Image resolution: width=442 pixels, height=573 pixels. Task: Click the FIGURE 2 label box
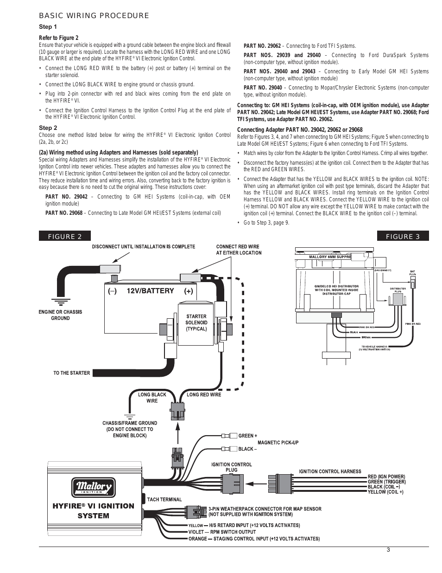(65, 236)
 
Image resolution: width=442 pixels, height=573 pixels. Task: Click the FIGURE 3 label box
(403, 236)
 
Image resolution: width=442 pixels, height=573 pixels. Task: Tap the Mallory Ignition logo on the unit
(93, 487)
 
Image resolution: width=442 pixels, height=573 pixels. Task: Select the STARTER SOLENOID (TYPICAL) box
(196, 322)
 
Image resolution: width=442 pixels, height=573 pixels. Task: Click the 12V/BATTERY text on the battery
(150, 291)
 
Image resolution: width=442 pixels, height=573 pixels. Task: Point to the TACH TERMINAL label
(164, 499)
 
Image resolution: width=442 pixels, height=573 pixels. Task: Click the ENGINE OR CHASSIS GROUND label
(60, 315)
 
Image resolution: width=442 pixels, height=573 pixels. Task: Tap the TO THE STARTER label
(72, 373)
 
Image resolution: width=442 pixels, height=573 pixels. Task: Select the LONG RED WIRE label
(204, 395)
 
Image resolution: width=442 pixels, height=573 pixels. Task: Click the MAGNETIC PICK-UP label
(278, 442)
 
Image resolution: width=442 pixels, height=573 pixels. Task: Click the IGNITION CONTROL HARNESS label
(330, 471)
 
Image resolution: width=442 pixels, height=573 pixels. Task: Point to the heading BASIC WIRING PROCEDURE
(94, 16)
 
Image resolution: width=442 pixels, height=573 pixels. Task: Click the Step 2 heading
(48, 128)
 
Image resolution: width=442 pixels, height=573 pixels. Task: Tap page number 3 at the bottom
(388, 550)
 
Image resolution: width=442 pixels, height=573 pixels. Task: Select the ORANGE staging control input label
(254, 539)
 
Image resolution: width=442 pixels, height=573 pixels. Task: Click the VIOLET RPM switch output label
(222, 532)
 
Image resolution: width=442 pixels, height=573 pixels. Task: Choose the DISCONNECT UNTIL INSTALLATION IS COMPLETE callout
(144, 246)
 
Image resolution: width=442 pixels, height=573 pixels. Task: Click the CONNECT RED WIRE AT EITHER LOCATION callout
(239, 250)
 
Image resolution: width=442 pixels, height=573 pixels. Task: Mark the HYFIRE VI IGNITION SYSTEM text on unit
(93, 510)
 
